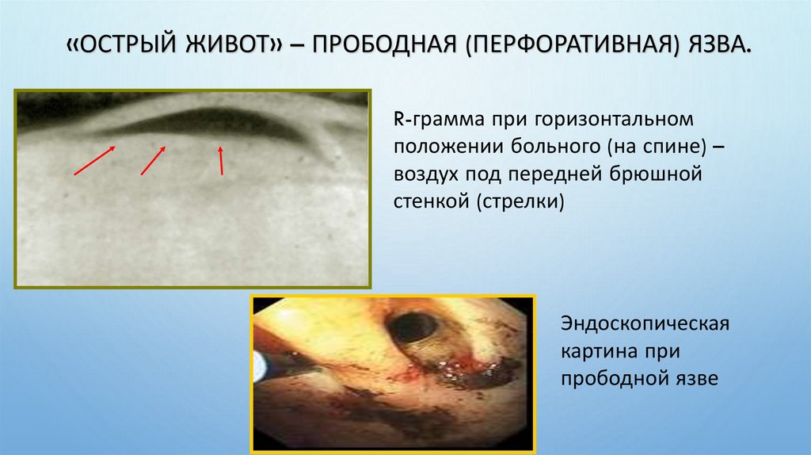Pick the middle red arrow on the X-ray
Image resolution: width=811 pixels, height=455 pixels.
153,160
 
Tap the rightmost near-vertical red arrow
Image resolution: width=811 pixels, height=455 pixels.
221,159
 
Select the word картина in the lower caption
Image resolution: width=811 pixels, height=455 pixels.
596,352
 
